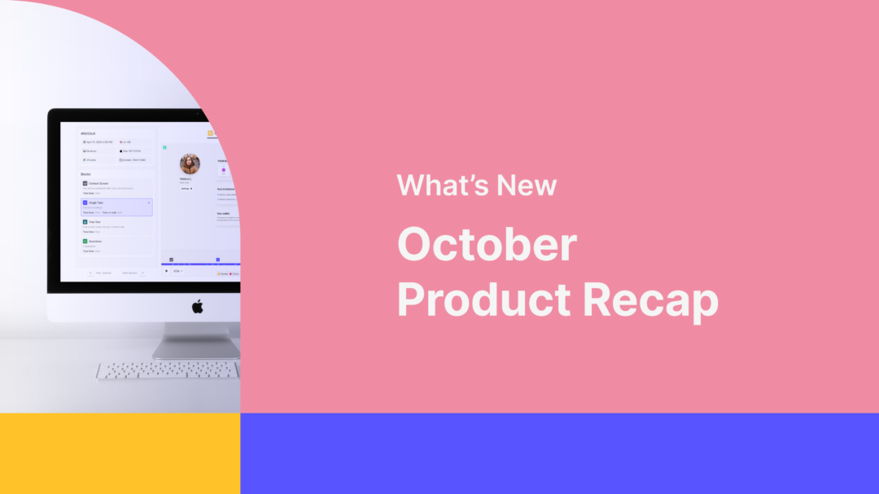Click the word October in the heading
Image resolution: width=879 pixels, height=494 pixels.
click(487, 244)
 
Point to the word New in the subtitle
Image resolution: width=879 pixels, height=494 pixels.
click(527, 186)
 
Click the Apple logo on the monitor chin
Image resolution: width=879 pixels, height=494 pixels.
click(197, 306)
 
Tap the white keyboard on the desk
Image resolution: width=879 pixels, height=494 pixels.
click(168, 371)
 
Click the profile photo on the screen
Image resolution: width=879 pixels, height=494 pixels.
click(190, 164)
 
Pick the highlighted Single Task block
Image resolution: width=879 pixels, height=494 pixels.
click(116, 207)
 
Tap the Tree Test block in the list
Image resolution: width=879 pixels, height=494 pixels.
click(116, 225)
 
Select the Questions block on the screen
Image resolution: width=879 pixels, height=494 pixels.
click(116, 244)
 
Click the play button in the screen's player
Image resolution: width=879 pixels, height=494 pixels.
click(167, 271)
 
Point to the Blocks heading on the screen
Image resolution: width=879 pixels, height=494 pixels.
click(85, 174)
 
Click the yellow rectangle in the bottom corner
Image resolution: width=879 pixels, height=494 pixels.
click(120, 453)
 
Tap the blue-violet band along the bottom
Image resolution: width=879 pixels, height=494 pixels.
click(559, 453)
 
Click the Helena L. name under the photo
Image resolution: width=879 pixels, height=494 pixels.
click(186, 178)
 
